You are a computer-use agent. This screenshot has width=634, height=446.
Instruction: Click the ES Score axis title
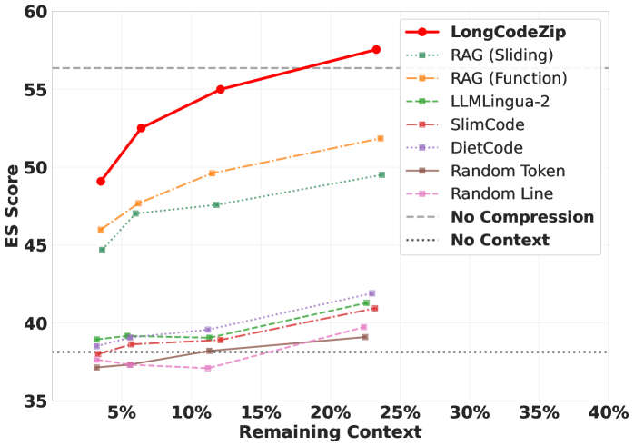point(12,206)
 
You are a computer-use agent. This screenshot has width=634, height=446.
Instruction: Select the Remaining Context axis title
point(330,433)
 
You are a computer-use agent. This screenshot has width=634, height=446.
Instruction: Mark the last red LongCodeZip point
point(376,49)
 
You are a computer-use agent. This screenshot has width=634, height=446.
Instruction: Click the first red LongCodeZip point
point(101,182)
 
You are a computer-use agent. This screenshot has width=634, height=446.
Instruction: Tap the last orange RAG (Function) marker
point(380,138)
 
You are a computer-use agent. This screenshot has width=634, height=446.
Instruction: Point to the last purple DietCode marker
point(371,293)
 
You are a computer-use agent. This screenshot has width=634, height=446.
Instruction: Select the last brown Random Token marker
point(365,337)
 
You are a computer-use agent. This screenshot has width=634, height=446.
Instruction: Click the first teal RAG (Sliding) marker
point(102,250)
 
